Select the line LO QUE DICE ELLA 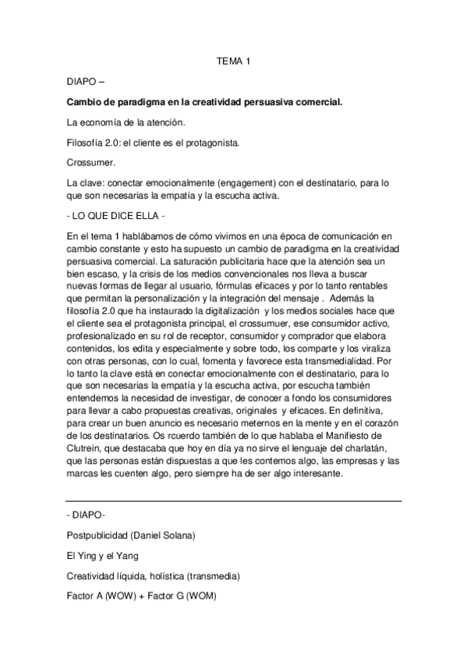pyautogui.click(x=116, y=214)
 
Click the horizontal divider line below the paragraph pyautogui.click(x=233, y=500)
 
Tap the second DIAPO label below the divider pyautogui.click(x=87, y=516)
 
